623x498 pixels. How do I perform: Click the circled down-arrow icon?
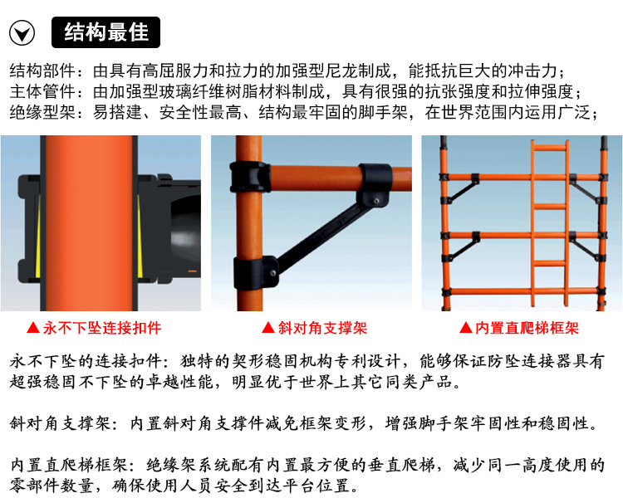coord(22,32)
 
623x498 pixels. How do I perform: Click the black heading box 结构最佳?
coord(105,32)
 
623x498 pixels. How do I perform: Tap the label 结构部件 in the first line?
coord(42,71)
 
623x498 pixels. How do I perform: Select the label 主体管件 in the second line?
coord(42,92)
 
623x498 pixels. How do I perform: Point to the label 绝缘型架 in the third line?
coord(42,112)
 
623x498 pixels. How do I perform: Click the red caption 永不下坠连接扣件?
coord(102,328)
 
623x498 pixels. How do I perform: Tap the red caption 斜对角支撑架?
coord(322,328)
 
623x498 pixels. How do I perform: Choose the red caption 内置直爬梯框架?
coord(527,328)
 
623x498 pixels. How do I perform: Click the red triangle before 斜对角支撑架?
coord(268,328)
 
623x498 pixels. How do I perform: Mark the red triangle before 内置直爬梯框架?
coord(466,328)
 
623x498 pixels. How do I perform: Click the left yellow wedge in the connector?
coord(37,237)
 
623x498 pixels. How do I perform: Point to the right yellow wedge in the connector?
coord(140,237)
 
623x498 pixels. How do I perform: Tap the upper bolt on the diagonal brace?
coord(375,201)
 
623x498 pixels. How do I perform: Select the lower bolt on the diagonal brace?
coord(273,273)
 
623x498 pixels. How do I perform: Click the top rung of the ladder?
coord(550,148)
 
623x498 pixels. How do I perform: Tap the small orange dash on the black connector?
coord(193,271)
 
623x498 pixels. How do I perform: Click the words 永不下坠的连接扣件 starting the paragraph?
coord(86,361)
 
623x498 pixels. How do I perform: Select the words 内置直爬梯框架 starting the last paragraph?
coord(68,465)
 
